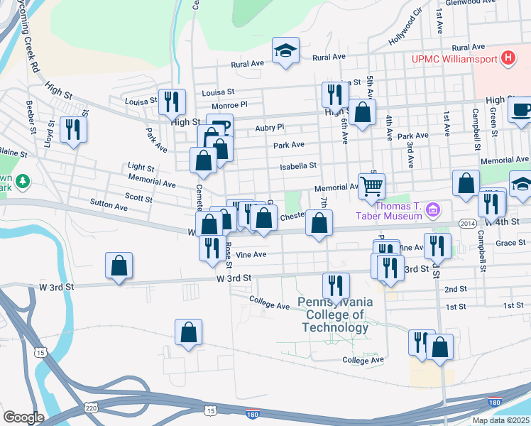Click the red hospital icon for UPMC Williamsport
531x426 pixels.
(508, 59)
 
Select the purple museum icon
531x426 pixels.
(432, 210)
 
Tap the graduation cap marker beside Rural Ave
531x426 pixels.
(285, 51)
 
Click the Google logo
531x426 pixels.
(23, 417)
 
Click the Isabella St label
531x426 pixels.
(297, 165)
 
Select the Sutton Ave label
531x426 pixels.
(109, 205)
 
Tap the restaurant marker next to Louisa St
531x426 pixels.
(171, 102)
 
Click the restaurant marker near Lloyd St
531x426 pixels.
(73, 129)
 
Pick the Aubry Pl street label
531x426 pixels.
(269, 127)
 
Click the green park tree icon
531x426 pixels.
(23, 181)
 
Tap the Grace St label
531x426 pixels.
(510, 243)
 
